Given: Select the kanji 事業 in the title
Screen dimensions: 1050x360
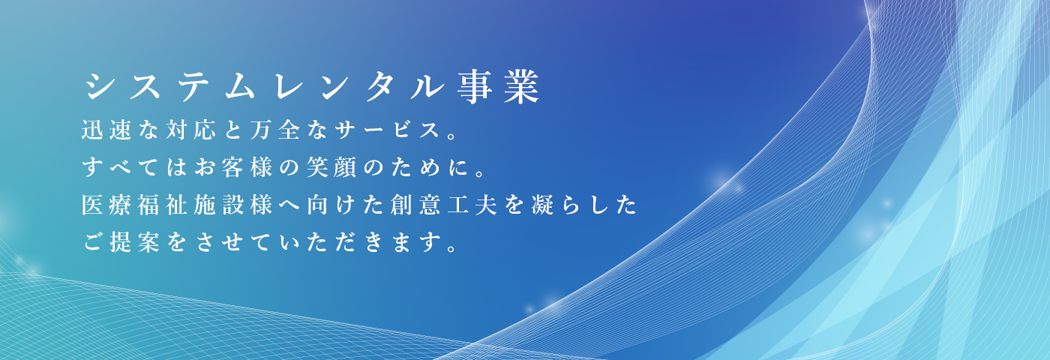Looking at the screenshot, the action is [499, 87].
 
